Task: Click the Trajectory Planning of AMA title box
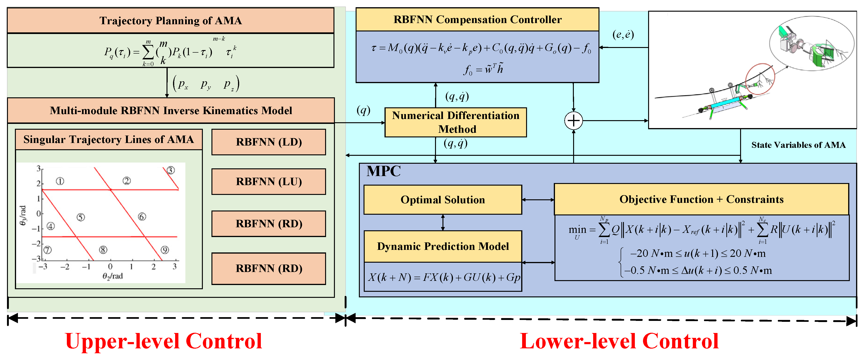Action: click(170, 20)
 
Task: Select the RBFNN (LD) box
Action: click(269, 142)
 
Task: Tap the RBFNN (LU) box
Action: click(269, 181)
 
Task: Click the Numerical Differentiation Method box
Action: click(456, 122)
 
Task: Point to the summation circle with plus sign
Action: click(574, 120)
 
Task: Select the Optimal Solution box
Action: click(442, 200)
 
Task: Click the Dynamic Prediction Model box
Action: click(443, 246)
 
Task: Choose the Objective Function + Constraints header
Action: click(701, 199)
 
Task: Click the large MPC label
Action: click(383, 171)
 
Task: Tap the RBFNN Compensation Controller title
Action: click(477, 20)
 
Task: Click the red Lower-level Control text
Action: click(619, 341)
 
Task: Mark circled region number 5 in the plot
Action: click(81, 217)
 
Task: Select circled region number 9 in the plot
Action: click(165, 250)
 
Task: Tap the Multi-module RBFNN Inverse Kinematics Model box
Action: click(171, 110)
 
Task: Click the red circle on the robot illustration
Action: click(760, 79)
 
